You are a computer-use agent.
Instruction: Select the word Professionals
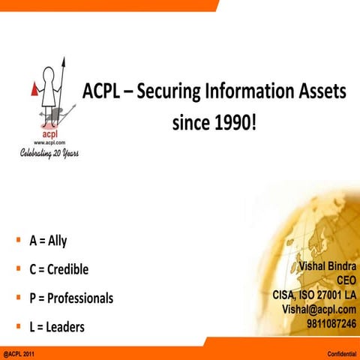80,298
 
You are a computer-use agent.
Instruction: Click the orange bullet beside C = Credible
16,268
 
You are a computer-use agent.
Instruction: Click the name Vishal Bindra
328,265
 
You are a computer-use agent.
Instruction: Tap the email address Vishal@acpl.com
319,308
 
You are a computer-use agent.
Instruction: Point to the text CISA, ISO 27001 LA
313,294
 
